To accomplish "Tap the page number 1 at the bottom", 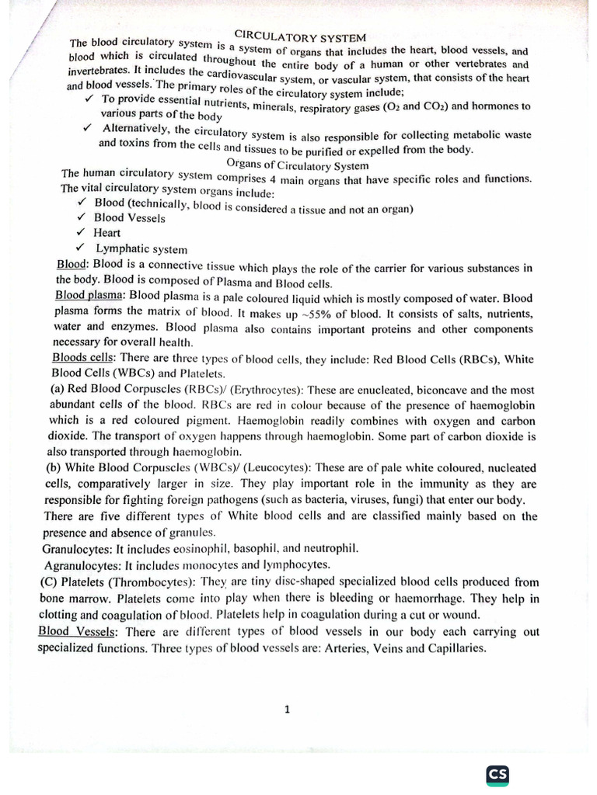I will tap(287, 708).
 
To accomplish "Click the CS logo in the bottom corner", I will tap(497, 775).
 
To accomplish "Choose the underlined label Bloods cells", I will tap(83, 358).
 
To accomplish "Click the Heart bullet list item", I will tap(106, 233).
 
